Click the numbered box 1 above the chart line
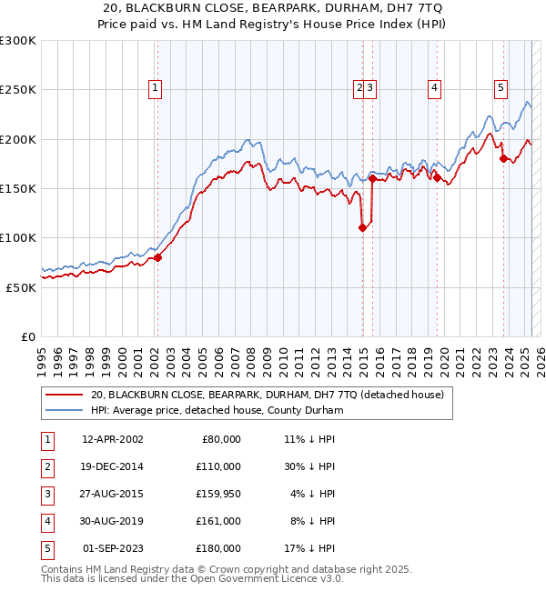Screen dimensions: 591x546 157,88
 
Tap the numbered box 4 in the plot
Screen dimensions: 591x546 435,88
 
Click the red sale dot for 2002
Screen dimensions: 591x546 157,257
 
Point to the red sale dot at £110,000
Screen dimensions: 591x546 362,228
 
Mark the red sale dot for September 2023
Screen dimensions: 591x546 503,159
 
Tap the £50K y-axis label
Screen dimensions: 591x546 21,287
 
